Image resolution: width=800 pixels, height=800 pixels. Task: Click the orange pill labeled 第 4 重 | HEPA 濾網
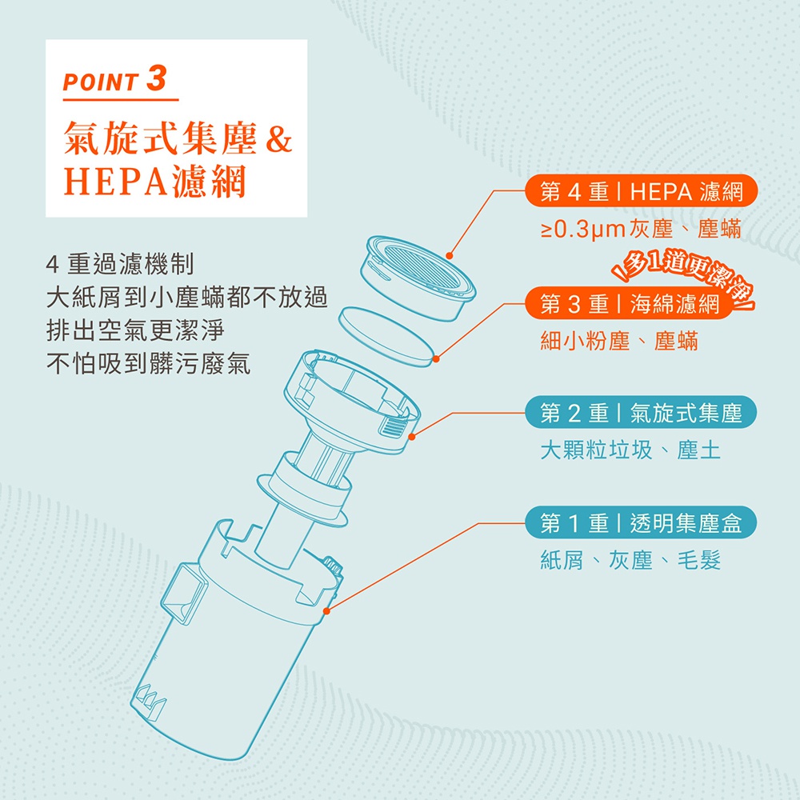tap(641, 191)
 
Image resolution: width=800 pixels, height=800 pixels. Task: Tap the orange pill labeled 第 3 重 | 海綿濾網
tap(629, 303)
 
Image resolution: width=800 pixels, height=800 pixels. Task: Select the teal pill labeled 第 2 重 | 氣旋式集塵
tap(641, 412)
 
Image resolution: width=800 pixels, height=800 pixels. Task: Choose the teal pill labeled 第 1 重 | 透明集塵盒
tap(641, 522)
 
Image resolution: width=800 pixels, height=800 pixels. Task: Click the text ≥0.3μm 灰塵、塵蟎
tap(641, 229)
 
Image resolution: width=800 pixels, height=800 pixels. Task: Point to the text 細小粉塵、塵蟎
tap(619, 341)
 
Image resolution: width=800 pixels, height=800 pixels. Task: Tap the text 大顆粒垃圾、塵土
tap(630, 450)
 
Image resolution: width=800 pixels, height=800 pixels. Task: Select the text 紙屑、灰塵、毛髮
tap(630, 560)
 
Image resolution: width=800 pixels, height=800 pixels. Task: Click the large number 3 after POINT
tap(156, 78)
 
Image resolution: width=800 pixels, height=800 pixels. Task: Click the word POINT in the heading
tap(101, 82)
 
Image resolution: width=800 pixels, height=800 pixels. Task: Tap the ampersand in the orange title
tap(278, 139)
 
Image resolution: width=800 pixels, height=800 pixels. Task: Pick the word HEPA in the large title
tap(115, 182)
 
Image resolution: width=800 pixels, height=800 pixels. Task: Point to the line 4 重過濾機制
tap(120, 264)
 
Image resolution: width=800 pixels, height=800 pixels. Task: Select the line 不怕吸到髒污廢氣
tap(148, 363)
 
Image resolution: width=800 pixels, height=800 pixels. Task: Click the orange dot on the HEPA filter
tap(449, 256)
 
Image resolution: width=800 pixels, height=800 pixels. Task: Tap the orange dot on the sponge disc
tap(436, 359)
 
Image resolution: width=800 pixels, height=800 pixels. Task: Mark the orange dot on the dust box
tap(326, 610)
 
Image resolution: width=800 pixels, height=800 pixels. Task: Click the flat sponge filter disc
tap(386, 337)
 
